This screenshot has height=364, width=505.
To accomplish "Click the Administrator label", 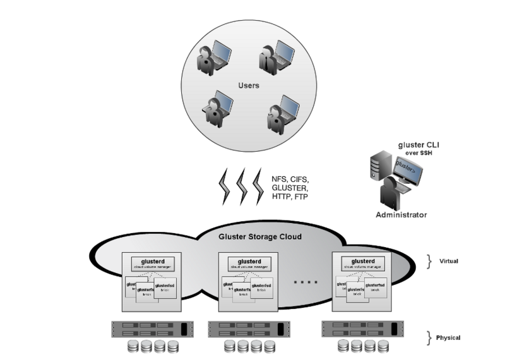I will pos(401,215).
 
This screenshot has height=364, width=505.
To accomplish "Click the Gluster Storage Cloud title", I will pos(259,237).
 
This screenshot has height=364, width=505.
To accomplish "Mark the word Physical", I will pos(448,337).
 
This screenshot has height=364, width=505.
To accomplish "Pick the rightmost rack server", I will pos(362,329).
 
